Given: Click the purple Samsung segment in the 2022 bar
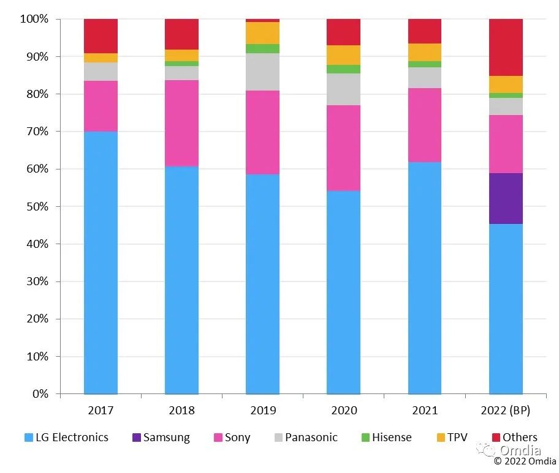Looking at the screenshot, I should [x=506, y=198].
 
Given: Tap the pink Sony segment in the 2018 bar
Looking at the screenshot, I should [x=181, y=123].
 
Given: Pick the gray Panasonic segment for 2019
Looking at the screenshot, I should [x=262, y=72].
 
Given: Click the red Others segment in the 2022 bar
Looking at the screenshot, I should [x=506, y=47].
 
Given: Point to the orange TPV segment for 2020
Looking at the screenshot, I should [x=343, y=55].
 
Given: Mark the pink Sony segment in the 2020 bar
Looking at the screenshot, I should [x=343, y=147].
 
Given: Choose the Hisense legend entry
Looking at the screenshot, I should [x=386, y=438].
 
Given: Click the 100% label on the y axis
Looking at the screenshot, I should [x=34, y=19].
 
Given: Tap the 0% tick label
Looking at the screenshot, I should [x=40, y=393].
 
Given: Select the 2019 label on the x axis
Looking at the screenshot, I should [x=262, y=410].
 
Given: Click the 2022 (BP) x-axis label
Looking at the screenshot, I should [x=506, y=410].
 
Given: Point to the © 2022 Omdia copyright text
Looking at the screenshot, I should [x=525, y=461].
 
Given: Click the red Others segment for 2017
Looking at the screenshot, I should [x=101, y=35].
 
